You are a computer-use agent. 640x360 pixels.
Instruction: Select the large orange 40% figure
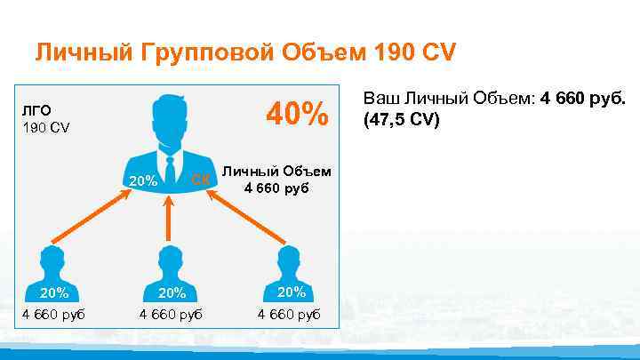coord(299,114)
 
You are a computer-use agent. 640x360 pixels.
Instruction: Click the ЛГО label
coord(38,111)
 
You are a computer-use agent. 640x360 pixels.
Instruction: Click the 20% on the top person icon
coord(142,181)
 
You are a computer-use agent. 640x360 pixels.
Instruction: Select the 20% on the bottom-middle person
coord(171,292)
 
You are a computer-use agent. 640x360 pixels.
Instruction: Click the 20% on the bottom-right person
coord(291,292)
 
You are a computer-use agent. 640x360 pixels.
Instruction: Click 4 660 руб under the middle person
coord(171,314)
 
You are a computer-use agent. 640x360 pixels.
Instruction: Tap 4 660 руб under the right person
coord(289,314)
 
